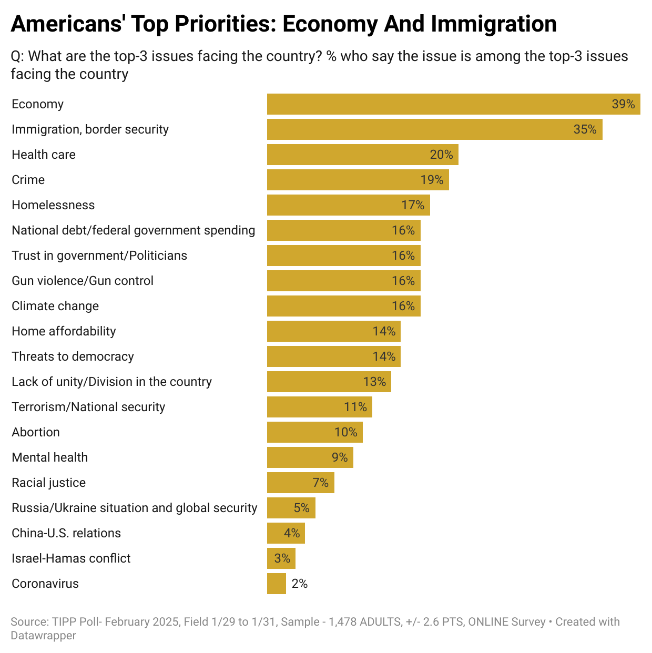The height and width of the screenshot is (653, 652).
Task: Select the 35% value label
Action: [585, 129]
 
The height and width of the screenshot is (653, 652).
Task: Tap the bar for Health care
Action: [362, 155]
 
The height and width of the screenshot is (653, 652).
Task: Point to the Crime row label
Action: [28, 180]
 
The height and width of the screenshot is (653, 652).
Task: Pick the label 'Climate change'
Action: [55, 306]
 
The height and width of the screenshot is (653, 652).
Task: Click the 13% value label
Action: [374, 382]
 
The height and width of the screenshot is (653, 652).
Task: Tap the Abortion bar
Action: [314, 432]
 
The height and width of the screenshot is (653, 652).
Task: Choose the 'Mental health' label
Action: [50, 457]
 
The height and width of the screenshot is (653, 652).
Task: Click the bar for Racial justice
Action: [300, 483]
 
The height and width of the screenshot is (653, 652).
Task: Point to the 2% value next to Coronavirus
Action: [300, 584]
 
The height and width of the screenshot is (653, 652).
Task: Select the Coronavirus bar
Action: [277, 584]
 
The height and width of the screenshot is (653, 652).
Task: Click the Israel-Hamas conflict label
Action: [71, 558]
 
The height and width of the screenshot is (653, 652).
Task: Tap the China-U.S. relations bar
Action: [286, 533]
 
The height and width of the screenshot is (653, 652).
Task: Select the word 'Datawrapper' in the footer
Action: [44, 635]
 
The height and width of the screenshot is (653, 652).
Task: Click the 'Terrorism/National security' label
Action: [88, 407]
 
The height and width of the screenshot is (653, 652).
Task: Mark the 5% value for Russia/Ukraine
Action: [301, 508]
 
